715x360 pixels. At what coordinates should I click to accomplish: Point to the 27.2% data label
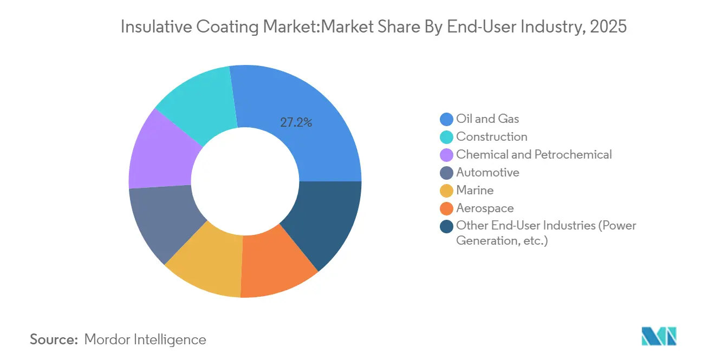296,122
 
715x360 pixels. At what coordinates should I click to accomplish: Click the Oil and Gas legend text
487,119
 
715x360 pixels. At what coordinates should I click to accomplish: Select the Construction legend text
491,136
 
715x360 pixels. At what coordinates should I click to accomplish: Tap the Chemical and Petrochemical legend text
534,154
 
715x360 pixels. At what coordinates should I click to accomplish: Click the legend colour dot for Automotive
446,173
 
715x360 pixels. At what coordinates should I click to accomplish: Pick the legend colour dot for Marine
446,191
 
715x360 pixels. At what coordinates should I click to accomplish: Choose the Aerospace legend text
485,208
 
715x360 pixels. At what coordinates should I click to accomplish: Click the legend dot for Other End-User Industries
446,226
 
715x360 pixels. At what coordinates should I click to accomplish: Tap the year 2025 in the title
609,27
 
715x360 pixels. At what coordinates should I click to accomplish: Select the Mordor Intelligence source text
145,339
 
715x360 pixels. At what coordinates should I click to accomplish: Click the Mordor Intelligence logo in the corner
659,336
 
